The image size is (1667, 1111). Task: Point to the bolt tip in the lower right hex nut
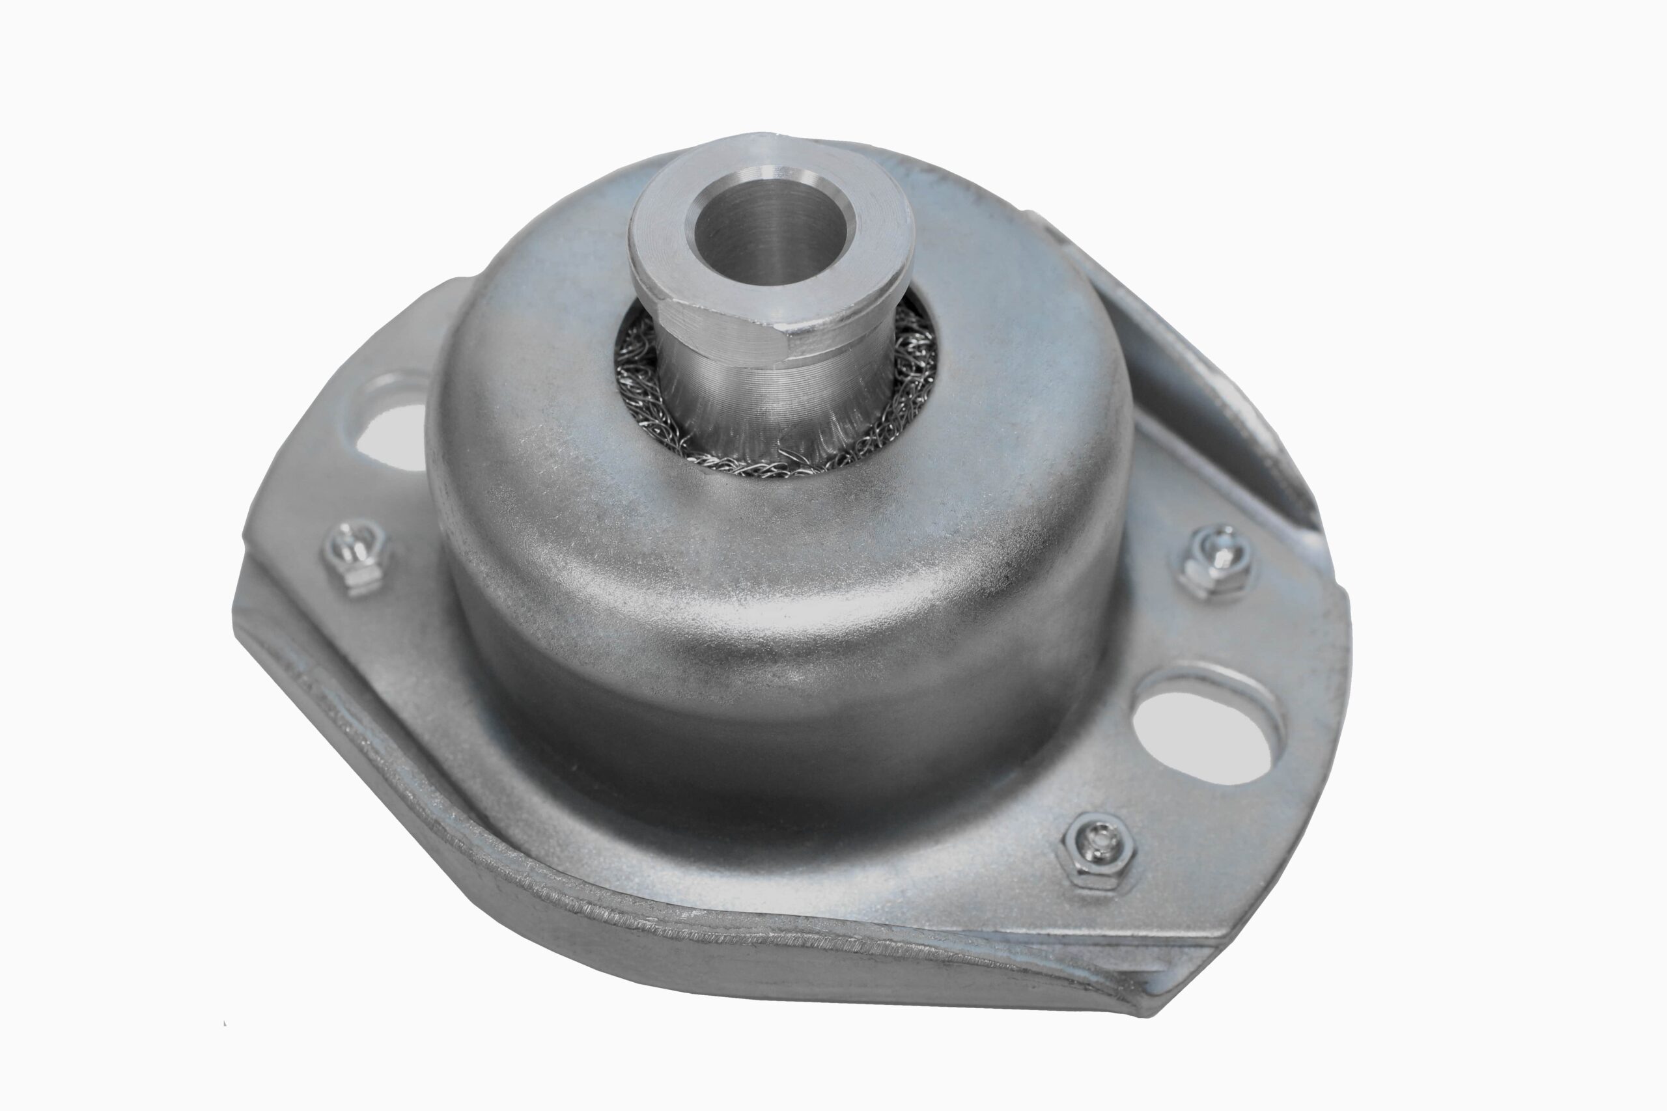pos(1099,840)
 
